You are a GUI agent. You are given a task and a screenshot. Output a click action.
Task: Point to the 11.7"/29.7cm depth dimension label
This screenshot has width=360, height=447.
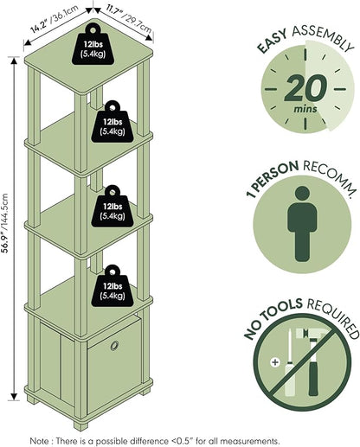(x=129, y=18)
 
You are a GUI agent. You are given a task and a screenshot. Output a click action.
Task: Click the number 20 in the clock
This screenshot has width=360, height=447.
(x=305, y=88)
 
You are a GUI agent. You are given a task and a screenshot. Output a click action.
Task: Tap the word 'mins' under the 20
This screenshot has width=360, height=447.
(x=305, y=109)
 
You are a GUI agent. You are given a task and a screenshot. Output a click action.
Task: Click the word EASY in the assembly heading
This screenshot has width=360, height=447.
(x=272, y=42)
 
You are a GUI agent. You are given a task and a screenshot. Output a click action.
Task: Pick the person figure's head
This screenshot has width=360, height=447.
(x=303, y=193)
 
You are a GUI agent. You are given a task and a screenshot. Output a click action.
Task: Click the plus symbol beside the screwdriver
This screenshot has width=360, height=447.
(x=275, y=362)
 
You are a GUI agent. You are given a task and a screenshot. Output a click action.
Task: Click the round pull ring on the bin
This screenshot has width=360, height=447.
(x=114, y=346)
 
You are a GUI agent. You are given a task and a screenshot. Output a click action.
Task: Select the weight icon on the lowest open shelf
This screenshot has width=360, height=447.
(x=112, y=285)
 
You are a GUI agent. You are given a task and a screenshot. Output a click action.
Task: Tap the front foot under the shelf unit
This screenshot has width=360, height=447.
(x=80, y=425)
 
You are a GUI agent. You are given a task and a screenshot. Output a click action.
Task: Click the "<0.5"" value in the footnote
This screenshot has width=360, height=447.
(x=182, y=441)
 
